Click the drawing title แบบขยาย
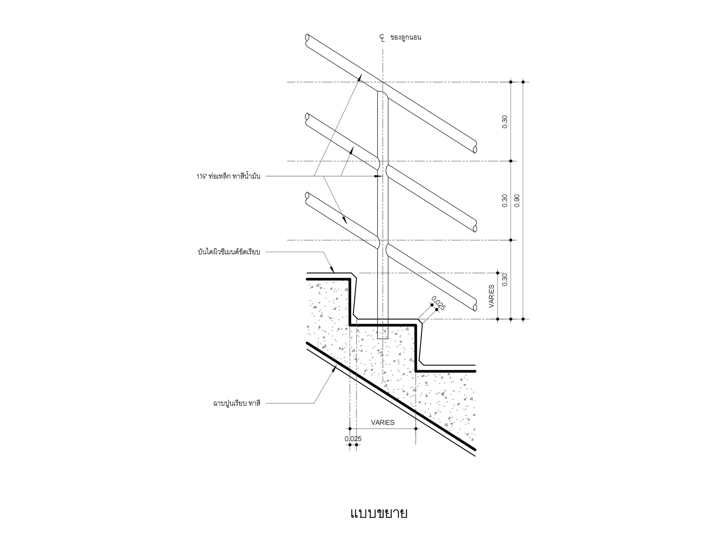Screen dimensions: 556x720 tap(379, 513)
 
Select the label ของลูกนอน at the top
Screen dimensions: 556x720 tap(406, 38)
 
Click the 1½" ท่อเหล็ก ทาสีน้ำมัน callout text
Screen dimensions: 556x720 tap(228, 177)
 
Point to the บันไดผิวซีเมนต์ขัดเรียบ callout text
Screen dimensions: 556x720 tap(229, 252)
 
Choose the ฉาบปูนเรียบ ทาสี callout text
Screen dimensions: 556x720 tap(237, 403)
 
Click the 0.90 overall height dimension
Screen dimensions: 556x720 tap(517, 200)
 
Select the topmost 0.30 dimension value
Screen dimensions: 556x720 tap(505, 121)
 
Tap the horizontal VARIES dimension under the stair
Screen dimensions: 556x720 tap(383, 422)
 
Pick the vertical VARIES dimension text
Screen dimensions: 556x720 tap(492, 297)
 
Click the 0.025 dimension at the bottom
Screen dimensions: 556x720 tap(353, 438)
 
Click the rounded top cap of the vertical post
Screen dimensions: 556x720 tap(383, 93)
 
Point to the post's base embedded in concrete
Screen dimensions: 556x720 tap(383, 334)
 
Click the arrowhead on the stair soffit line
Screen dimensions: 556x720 tap(335, 367)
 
